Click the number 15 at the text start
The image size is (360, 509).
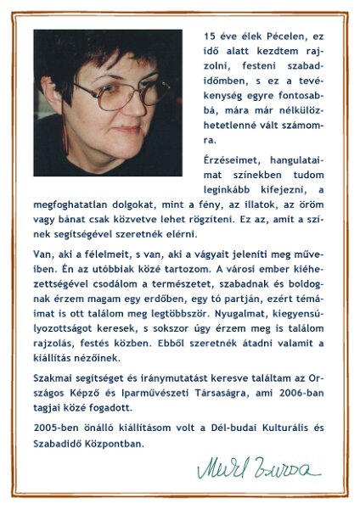[x=210, y=36]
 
